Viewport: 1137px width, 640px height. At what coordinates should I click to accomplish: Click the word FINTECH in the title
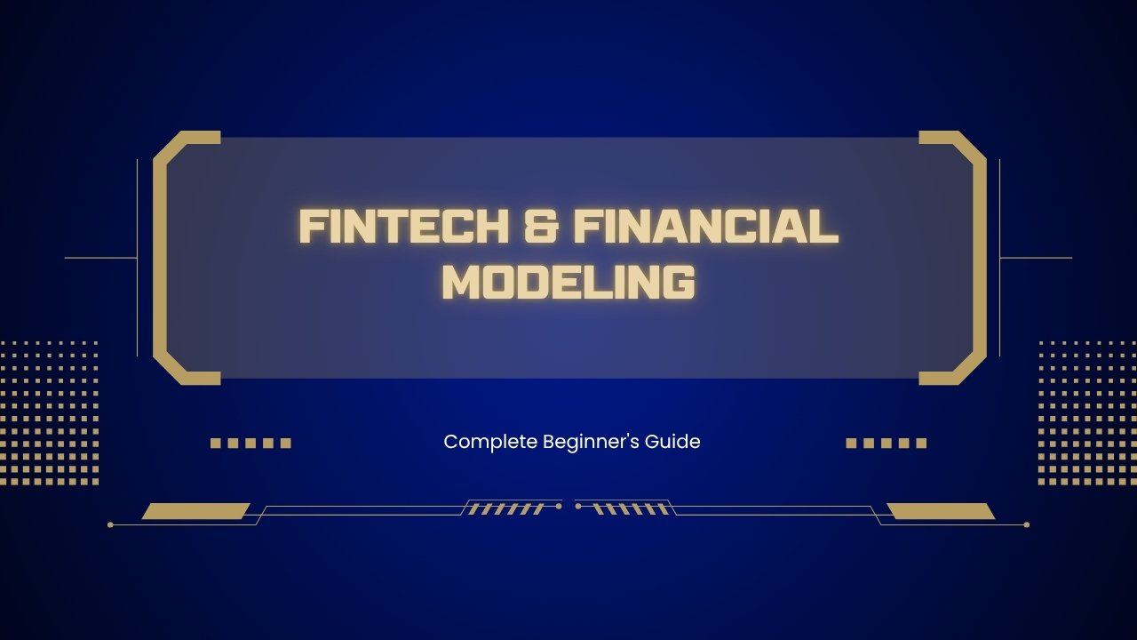coord(397,227)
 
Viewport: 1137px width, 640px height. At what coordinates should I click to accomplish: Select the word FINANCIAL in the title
coord(706,227)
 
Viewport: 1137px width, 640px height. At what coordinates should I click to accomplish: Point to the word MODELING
coord(568,282)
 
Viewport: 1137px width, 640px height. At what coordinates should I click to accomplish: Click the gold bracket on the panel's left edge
coord(160,258)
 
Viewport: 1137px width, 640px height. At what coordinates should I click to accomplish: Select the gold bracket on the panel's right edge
coord(979,258)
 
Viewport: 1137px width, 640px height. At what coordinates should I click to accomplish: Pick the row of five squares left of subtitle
coord(250,443)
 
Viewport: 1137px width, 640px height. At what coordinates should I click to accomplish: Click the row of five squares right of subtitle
coord(886,443)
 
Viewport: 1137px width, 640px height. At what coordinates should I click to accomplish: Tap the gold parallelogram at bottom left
coord(195,511)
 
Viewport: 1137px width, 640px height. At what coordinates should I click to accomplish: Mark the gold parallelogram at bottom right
coord(941,511)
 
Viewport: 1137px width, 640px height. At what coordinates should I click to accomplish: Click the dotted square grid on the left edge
coord(49,412)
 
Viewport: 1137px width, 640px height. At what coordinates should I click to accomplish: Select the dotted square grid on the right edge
coord(1087,412)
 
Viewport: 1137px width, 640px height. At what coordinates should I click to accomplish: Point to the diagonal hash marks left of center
coord(505,509)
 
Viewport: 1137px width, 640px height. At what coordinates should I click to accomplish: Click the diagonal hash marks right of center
coord(631,509)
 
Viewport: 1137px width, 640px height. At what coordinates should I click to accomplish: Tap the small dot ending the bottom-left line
coord(110,524)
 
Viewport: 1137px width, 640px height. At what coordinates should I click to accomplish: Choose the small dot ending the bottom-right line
coord(1027,524)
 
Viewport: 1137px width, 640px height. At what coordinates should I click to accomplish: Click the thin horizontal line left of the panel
coord(100,258)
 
